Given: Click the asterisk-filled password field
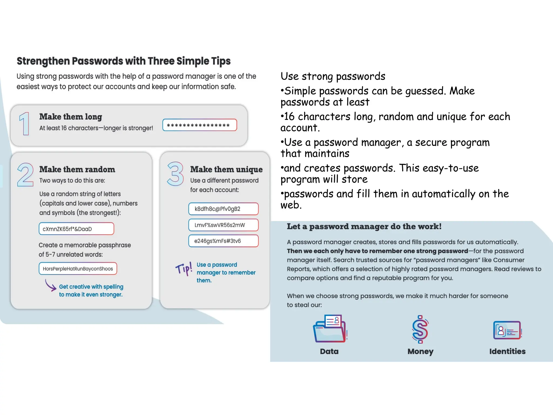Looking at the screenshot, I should click(x=200, y=125).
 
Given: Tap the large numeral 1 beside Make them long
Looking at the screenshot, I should click(x=25, y=124).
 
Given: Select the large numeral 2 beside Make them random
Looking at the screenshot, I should click(x=25, y=175).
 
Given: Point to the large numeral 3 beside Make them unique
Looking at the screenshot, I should click(x=175, y=174).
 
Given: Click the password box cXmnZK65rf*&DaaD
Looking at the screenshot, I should click(x=76, y=229).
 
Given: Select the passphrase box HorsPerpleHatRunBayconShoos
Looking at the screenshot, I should click(x=78, y=269).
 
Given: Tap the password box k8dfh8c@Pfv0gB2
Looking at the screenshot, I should click(x=223, y=209).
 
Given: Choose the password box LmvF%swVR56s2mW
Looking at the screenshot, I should click(x=223, y=225).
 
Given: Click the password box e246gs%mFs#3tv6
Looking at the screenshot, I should click(x=223, y=241).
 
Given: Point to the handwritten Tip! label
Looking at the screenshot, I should click(x=184, y=269).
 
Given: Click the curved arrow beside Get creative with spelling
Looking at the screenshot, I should click(x=50, y=285).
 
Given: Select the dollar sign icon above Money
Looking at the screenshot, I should click(x=420, y=329).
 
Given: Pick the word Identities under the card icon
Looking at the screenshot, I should click(x=507, y=351).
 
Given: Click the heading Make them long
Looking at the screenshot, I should click(x=71, y=117).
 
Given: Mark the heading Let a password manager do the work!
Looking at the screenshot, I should click(x=364, y=226).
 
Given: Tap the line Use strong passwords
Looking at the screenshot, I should click(x=333, y=76).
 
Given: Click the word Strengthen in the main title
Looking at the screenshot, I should click(x=43, y=61).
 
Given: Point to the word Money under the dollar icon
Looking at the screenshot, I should click(x=420, y=351).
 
